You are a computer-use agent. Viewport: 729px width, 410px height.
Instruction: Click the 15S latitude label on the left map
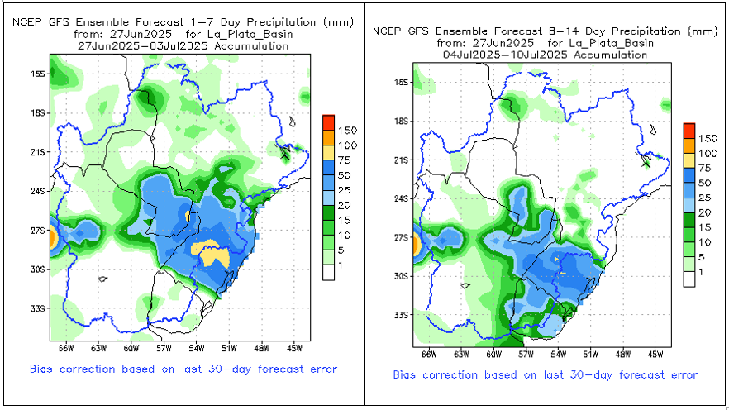[x=37, y=74]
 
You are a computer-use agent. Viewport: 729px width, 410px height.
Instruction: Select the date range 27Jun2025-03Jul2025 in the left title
[x=182, y=46]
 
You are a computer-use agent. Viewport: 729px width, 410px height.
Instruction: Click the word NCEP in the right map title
[x=387, y=31]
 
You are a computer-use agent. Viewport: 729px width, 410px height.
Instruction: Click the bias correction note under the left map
[x=183, y=369]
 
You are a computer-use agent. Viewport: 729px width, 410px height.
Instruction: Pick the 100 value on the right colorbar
[x=707, y=154]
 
